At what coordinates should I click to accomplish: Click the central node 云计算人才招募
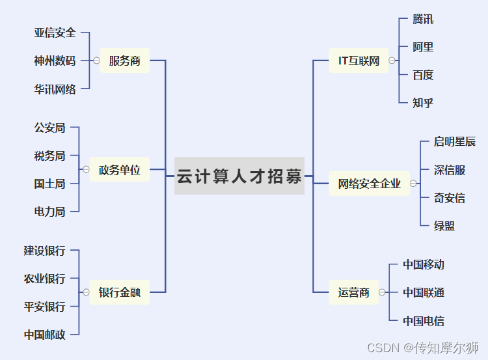[239, 176]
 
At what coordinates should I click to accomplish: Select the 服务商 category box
[124, 61]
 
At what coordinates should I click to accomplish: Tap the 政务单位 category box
[119, 169]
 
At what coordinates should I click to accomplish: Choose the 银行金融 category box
[119, 292]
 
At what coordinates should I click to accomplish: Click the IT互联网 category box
[359, 61]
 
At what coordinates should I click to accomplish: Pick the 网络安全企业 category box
[369, 184]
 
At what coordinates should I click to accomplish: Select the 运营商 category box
[353, 292]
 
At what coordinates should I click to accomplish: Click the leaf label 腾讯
[423, 19]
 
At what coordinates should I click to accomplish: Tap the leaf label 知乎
[423, 102]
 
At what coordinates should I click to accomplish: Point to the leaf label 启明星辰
[455, 142]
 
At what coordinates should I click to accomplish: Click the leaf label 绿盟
[444, 226]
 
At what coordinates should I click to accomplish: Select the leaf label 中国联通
[424, 292]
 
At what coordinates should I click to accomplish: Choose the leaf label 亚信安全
[55, 32]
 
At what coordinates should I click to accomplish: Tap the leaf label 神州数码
[55, 61]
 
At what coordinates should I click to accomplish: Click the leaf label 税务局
[49, 156]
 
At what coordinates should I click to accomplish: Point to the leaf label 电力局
[49, 211]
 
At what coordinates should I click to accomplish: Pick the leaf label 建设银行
[44, 251]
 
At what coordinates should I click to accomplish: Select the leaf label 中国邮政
[44, 335]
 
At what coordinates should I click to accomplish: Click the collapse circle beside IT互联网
[392, 61]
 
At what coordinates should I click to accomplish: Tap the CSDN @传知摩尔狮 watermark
[423, 348]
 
